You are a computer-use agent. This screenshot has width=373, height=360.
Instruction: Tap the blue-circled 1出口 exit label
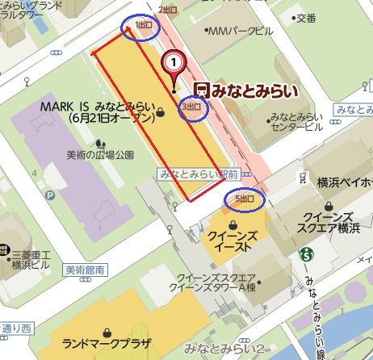click(x=140, y=27)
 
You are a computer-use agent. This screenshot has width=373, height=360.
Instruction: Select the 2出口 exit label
click(x=168, y=9)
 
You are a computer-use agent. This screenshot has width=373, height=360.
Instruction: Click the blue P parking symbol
click(x=50, y=195)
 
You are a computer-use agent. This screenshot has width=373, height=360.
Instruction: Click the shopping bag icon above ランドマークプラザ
click(x=106, y=331)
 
